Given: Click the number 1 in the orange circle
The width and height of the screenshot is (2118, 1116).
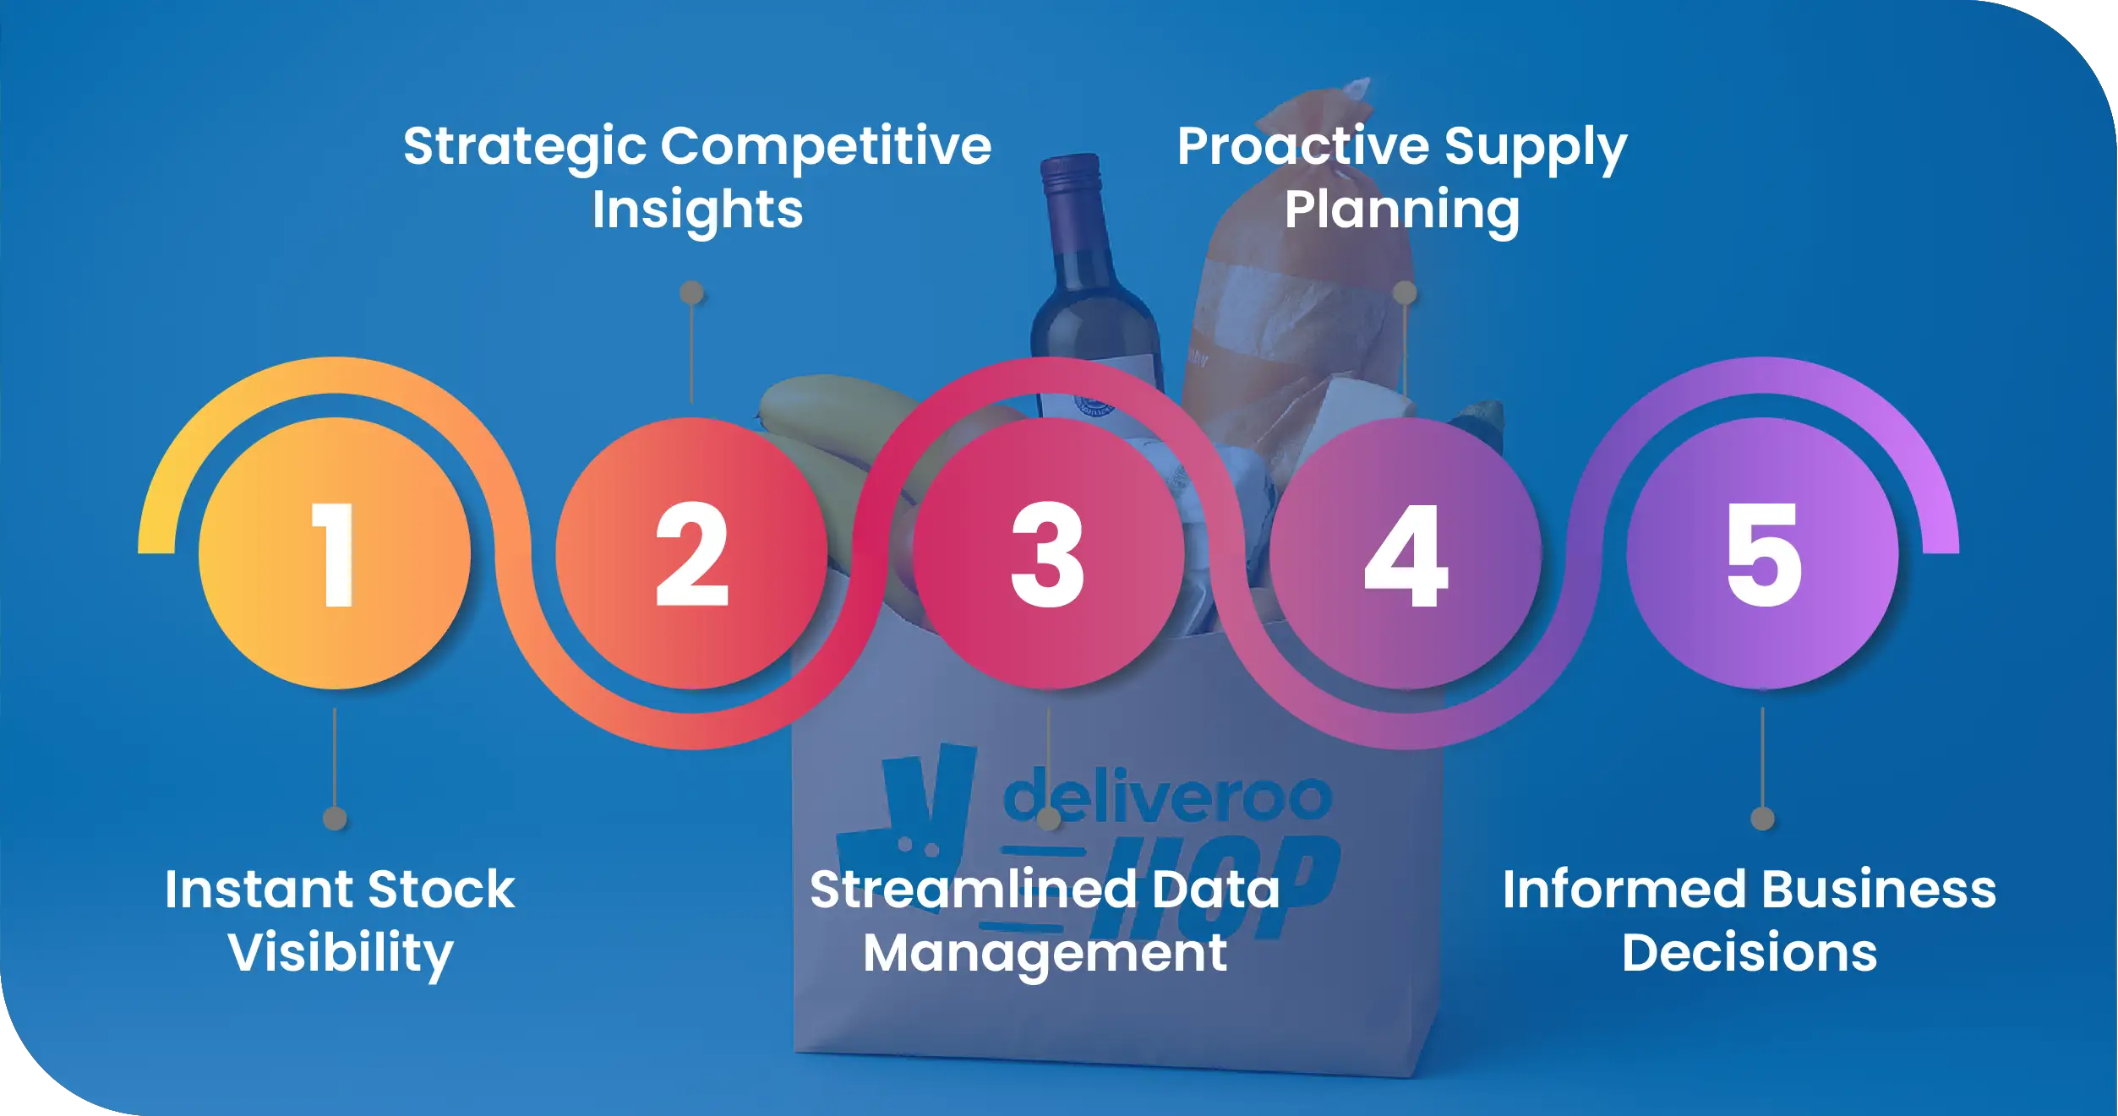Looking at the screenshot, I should [334, 554].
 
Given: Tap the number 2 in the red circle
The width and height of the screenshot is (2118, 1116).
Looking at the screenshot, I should [691, 554].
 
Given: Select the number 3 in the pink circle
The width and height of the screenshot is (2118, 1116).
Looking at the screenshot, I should [1047, 554].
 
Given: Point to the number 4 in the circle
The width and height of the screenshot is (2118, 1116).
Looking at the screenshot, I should [1406, 554].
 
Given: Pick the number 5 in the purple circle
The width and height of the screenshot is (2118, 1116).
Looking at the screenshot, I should [1763, 554].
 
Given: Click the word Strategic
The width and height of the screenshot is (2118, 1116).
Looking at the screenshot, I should [525, 147].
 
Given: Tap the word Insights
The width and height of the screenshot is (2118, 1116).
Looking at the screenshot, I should [697, 210].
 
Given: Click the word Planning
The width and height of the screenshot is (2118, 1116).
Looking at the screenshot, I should [1402, 210].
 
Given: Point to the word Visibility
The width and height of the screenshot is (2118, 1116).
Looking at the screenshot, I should [341, 953].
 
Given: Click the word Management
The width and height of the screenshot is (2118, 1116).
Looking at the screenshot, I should [1045, 953].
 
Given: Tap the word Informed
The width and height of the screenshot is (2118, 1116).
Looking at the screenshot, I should [1624, 890].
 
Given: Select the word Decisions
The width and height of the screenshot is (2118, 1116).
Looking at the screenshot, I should [1750, 953].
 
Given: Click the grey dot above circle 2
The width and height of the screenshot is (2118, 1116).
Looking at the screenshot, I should [691, 293].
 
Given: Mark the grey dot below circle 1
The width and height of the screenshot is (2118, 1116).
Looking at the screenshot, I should [335, 818].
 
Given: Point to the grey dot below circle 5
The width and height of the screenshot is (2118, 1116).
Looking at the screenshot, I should [1762, 818].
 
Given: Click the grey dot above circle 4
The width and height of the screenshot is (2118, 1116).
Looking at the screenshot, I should [1405, 293].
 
